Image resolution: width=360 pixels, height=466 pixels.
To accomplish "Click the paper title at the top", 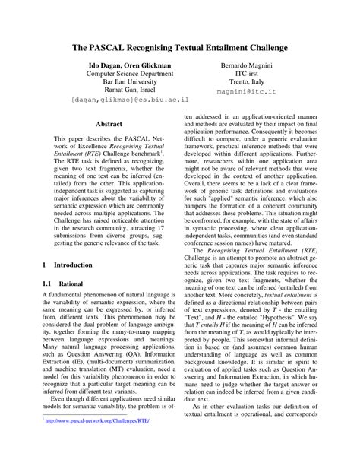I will [x=180, y=46].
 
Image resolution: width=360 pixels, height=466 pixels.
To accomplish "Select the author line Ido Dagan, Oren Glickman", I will [x=127, y=67].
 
